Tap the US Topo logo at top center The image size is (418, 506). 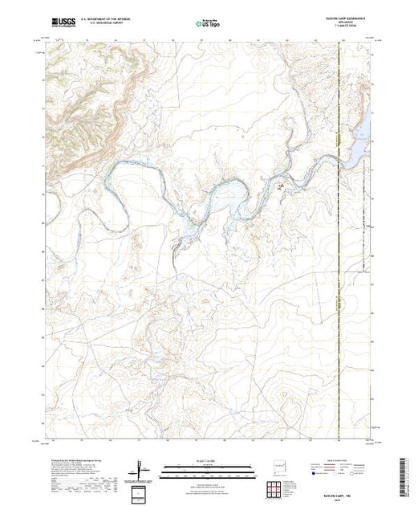(x=209, y=25)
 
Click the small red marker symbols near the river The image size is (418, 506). (x=280, y=187)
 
